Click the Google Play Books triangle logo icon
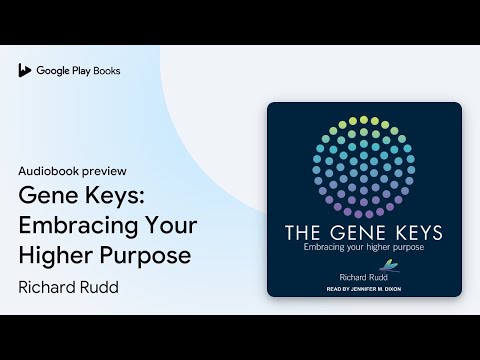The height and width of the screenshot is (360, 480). [x=25, y=71]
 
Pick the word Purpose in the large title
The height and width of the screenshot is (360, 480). [x=145, y=255]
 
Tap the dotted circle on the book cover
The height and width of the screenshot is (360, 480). [x=364, y=165]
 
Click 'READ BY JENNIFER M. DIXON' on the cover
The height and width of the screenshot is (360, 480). [x=364, y=288]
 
